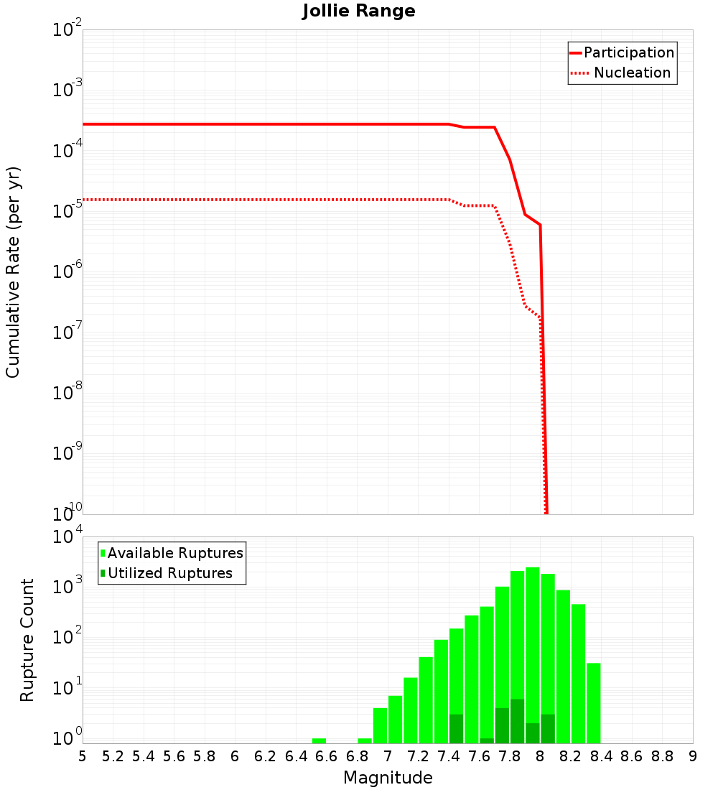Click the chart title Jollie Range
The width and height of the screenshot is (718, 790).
[x=358, y=11]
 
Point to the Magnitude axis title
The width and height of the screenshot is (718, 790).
[x=388, y=778]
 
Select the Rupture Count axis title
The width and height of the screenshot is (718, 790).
[x=27, y=640]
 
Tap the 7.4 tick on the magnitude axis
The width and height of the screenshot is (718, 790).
[x=449, y=756]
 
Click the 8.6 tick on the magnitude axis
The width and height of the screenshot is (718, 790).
[x=632, y=756]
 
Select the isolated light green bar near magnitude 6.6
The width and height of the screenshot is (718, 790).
[x=319, y=740]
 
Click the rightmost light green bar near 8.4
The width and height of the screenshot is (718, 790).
[x=593, y=703]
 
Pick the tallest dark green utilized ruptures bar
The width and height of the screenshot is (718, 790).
[x=517, y=721]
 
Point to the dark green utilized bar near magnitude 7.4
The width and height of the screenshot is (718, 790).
[x=456, y=729]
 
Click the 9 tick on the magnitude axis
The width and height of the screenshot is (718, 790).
[x=693, y=756]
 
